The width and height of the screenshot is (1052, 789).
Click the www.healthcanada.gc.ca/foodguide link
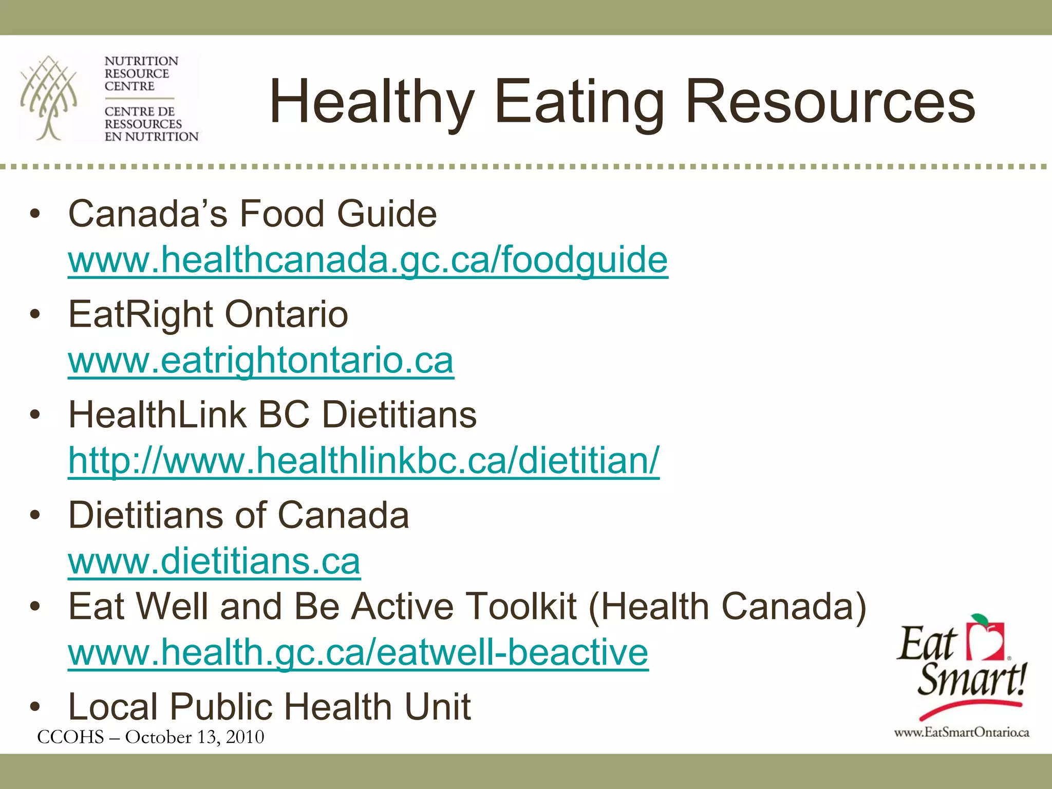tap(367, 260)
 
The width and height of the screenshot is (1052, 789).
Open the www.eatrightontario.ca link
tap(260, 361)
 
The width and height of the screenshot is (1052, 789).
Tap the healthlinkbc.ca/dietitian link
tap(363, 461)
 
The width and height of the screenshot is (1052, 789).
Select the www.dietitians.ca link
tap(214, 561)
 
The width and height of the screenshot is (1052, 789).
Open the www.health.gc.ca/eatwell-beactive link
tap(358, 652)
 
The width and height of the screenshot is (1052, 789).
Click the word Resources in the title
tap(830, 102)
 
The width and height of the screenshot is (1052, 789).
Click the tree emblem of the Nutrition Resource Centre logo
tap(49, 98)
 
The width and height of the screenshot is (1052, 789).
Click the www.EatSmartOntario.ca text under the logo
tap(961, 732)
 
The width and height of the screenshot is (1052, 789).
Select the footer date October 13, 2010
tap(195, 737)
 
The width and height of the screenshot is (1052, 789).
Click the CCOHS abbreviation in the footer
tap(70, 737)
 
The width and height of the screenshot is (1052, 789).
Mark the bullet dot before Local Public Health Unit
tap(35, 707)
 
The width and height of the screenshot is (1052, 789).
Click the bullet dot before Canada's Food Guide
tap(35, 214)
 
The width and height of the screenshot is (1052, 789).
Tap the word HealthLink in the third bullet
tap(157, 415)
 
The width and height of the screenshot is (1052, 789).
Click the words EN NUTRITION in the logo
tap(151, 137)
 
